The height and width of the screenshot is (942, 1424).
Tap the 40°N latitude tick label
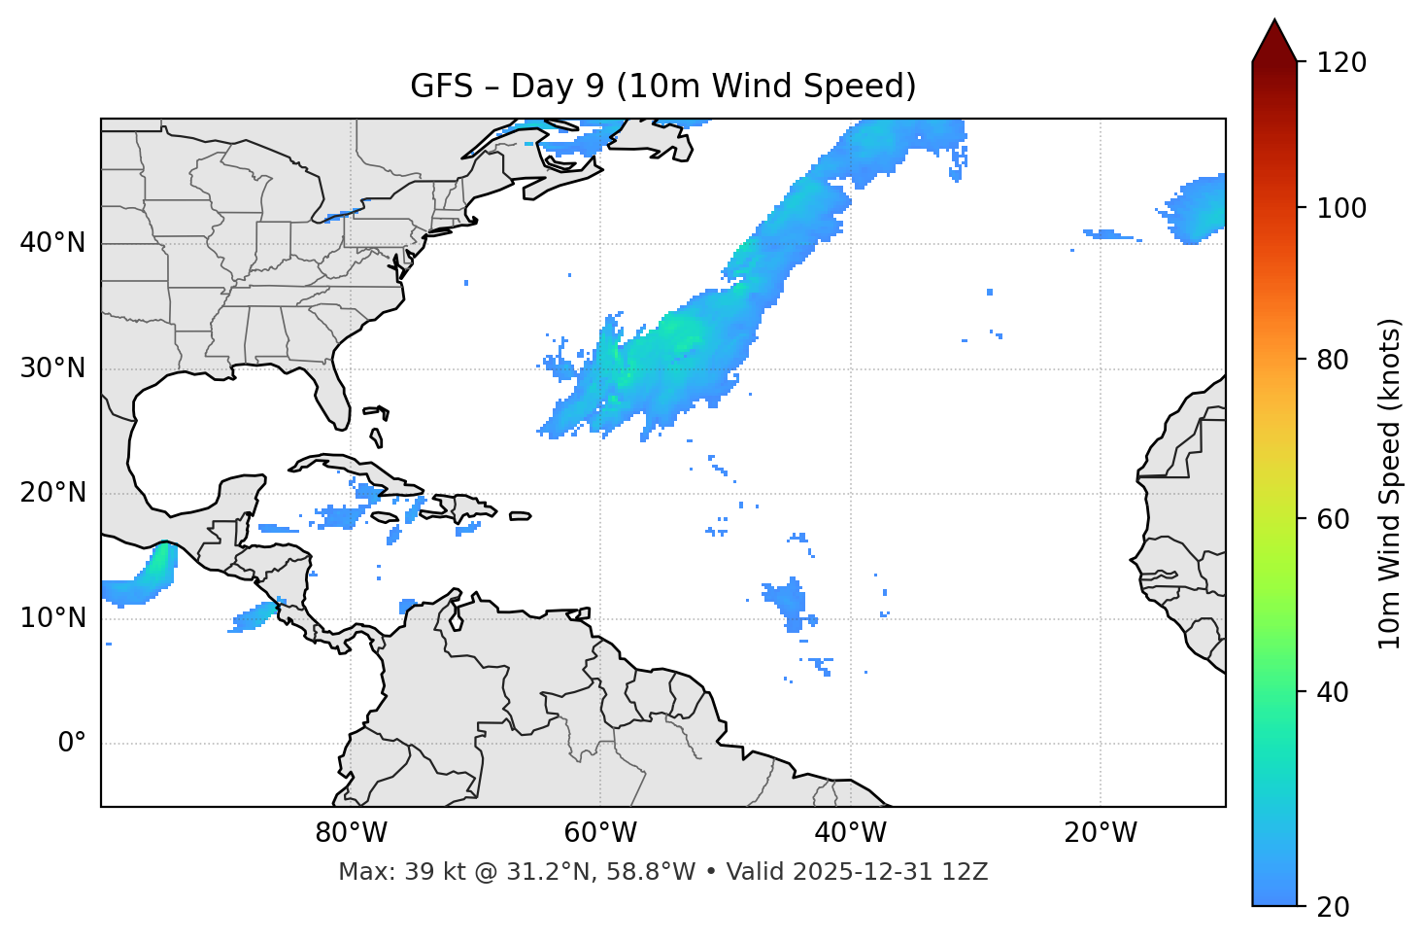(52, 243)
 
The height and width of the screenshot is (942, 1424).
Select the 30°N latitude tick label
(52, 368)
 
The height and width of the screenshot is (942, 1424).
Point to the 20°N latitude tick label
(52, 493)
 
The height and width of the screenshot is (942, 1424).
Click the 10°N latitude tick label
(52, 618)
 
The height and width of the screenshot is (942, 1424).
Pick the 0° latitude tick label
(72, 744)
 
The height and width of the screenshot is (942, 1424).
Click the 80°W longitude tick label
(351, 833)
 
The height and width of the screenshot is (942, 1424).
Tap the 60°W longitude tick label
(600, 833)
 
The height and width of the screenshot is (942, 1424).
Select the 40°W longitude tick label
(850, 833)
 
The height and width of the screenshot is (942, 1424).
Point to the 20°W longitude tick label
(1100, 833)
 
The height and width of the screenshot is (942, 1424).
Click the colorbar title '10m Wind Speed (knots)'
(1390, 484)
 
